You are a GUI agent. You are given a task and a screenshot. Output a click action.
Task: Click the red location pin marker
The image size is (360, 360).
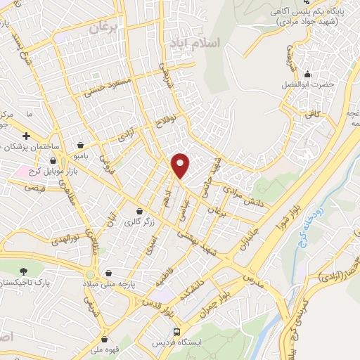[x=181, y=166]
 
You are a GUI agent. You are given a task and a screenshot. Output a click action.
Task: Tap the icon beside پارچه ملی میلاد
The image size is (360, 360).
[x=108, y=273]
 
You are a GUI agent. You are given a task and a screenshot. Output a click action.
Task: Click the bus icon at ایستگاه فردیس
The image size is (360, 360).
[x=177, y=332]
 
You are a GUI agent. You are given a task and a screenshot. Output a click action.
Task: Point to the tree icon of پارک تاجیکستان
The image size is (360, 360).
[x=25, y=271]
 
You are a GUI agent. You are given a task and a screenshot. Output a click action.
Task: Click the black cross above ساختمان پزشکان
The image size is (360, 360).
[x=26, y=135]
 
